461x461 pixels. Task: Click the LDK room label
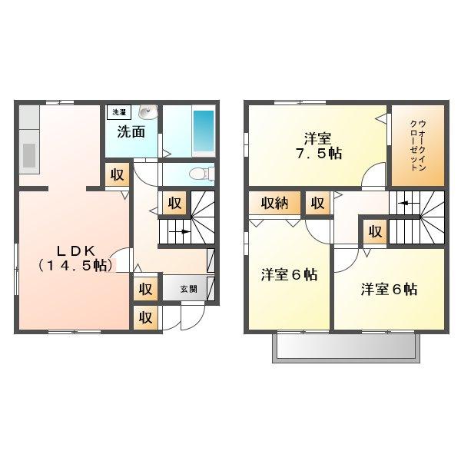[75, 258]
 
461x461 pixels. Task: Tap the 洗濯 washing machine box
[119, 112]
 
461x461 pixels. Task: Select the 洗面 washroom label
[131, 131]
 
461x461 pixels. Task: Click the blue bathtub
[204, 131]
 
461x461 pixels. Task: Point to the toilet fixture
[201, 174]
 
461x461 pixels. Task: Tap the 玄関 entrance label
[188, 290]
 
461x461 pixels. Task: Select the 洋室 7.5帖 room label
[319, 146]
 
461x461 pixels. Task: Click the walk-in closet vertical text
[419, 145]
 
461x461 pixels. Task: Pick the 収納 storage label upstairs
[274, 203]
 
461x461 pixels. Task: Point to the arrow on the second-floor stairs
[406, 203]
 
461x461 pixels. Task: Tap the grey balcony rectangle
[346, 347]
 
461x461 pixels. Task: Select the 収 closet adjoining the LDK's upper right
[118, 175]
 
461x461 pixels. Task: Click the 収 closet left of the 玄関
[145, 289]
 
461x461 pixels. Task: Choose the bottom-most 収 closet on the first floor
[145, 317]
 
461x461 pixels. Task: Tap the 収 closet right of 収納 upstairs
[318, 203]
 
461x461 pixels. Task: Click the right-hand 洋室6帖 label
[389, 290]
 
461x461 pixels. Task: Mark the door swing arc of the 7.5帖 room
[370, 170]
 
